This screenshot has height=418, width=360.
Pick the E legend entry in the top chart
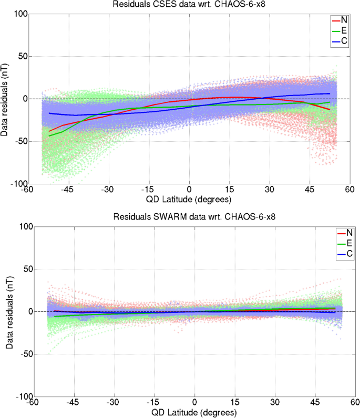pyautogui.click(x=344, y=30)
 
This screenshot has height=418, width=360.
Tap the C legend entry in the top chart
pyautogui.click(x=344, y=40)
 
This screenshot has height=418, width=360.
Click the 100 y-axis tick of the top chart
pyautogui.click(x=19, y=14)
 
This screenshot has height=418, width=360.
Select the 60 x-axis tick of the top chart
pyautogui.click(x=349, y=190)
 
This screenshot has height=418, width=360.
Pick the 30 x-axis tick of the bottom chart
pyautogui.click(x=275, y=403)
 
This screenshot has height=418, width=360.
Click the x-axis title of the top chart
pyautogui.click(x=189, y=200)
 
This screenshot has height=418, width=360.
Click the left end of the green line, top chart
pyautogui.click(x=49, y=136)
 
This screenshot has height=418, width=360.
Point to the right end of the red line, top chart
pyautogui.click(x=330, y=110)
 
